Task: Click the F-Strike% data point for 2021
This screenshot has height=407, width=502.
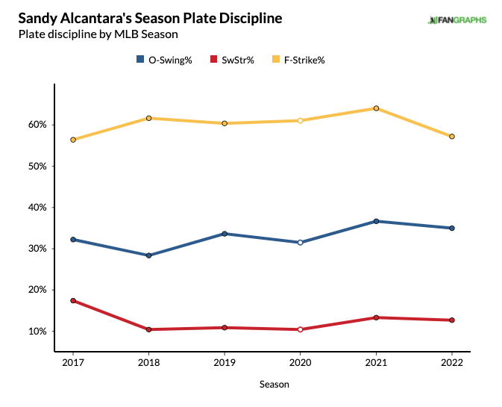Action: (376, 108)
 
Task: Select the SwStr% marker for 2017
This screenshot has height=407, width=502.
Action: (72, 300)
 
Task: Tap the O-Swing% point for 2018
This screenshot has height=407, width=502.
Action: (148, 255)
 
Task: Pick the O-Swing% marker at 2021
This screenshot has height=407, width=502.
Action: (376, 221)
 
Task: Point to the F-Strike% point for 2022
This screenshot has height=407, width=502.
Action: (451, 137)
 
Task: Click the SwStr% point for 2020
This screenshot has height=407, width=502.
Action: (300, 329)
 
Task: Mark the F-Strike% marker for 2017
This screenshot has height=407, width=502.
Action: (72, 140)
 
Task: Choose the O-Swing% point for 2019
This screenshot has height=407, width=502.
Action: (225, 234)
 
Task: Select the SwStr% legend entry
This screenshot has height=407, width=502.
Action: (233, 60)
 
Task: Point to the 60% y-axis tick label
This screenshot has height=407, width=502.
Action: (37, 125)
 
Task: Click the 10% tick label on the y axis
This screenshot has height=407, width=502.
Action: (37, 331)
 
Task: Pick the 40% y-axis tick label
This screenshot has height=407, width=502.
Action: (37, 207)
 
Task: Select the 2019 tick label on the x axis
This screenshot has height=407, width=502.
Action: (225, 362)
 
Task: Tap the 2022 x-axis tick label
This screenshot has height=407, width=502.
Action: (451, 362)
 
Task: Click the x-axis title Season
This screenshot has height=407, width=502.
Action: (274, 385)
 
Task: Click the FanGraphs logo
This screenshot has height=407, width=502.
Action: (456, 19)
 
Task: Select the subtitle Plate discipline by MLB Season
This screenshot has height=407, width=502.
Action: (98, 34)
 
